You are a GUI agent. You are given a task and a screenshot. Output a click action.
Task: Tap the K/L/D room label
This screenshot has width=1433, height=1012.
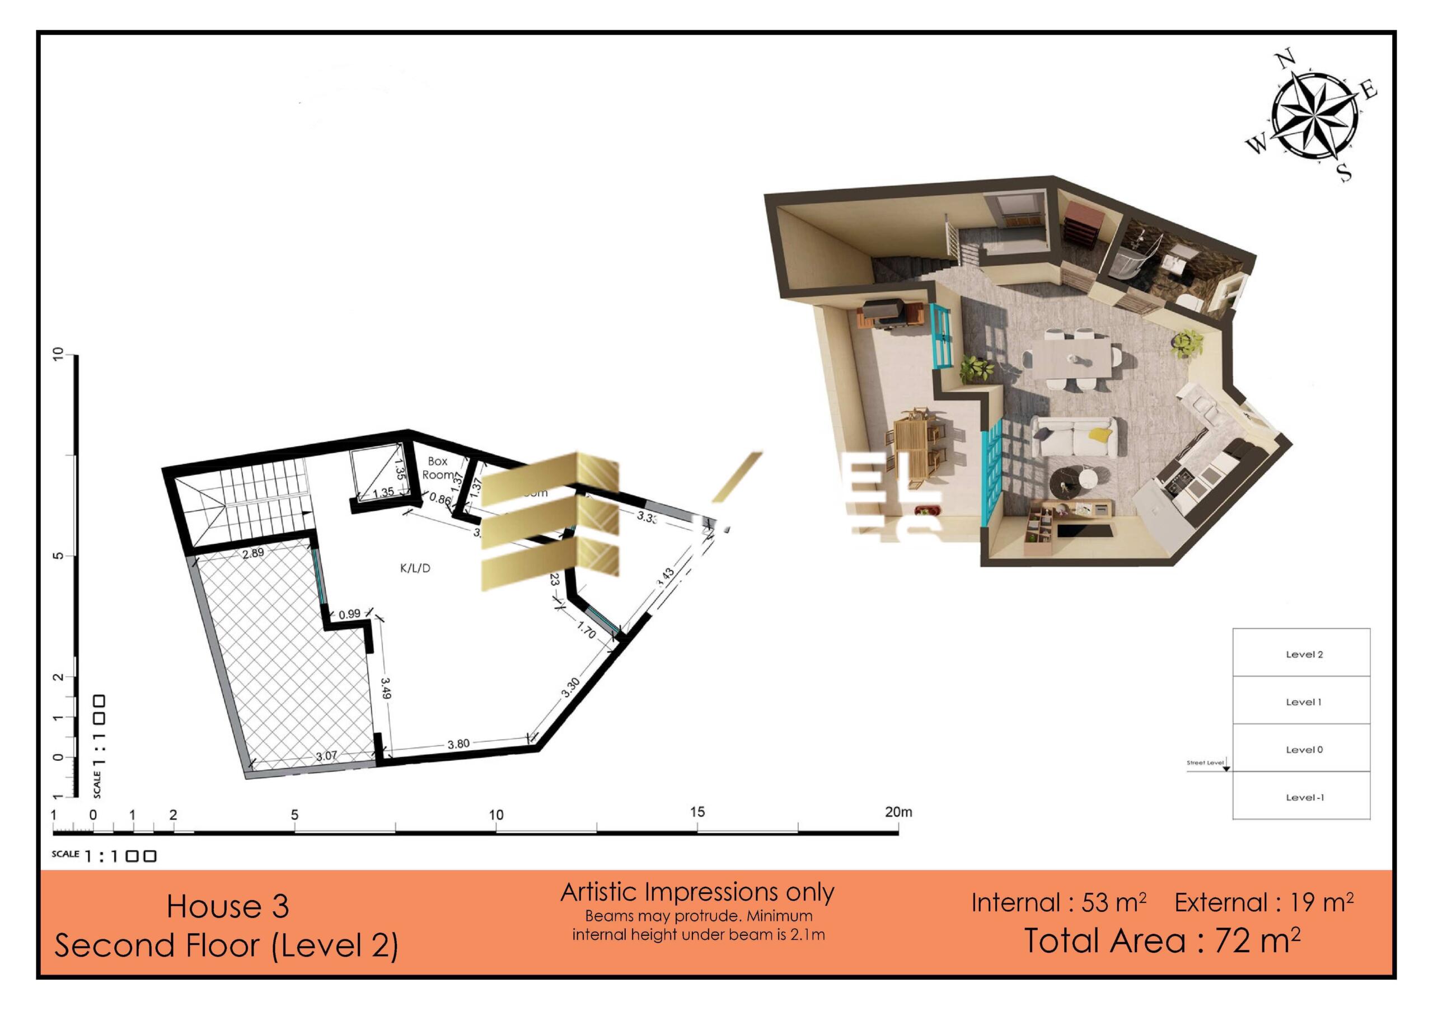click(415, 568)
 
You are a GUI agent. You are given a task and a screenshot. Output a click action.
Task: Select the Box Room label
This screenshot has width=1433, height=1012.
click(438, 468)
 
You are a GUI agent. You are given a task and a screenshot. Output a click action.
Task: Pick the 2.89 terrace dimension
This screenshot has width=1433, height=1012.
click(254, 553)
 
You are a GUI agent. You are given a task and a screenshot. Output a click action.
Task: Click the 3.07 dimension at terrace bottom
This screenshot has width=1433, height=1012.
click(326, 756)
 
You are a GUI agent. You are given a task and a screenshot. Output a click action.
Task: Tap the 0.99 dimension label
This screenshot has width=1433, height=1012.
click(349, 614)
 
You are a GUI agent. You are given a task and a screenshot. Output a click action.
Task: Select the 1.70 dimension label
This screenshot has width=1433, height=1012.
click(586, 631)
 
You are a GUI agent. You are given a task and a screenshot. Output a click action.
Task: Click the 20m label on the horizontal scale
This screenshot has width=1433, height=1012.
click(898, 812)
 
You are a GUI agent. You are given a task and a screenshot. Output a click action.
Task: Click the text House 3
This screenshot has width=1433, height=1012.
click(228, 907)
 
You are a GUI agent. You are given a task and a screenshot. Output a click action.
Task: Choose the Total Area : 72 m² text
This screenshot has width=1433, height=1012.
click(1162, 941)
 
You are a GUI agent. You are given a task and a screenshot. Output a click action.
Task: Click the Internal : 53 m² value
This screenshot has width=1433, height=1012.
click(1059, 903)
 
